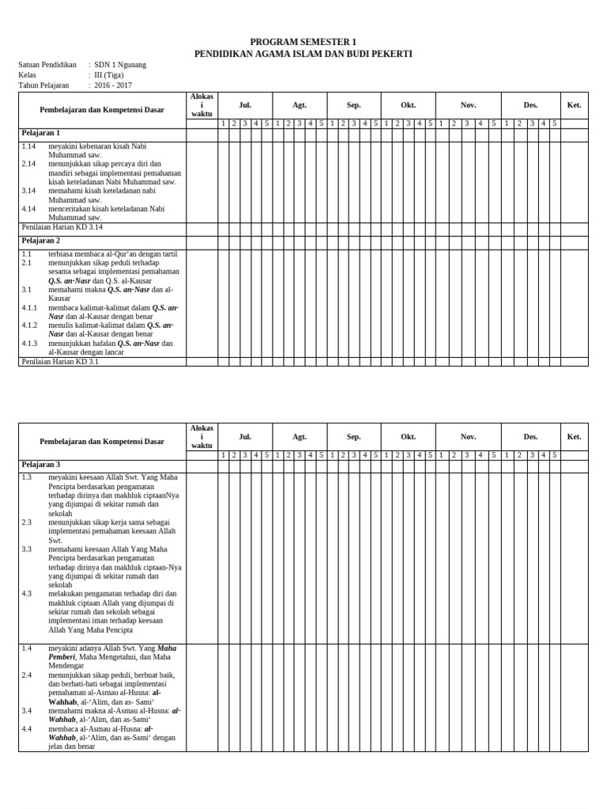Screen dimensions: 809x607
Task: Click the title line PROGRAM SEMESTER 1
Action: pyautogui.click(x=303, y=42)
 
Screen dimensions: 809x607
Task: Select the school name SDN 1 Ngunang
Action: pyautogui.click(x=120, y=65)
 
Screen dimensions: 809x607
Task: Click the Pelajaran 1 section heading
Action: pyautogui.click(x=41, y=134)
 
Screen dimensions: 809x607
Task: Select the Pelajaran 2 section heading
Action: pyautogui.click(x=41, y=240)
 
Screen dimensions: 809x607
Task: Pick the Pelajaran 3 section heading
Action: pyautogui.click(x=41, y=465)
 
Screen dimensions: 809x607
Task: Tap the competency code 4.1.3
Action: pyautogui.click(x=30, y=344)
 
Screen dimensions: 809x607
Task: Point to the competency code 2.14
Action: pyautogui.click(x=28, y=164)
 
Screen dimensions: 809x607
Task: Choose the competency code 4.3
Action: pyautogui.click(x=27, y=593)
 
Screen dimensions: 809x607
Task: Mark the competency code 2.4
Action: pyautogui.click(x=27, y=675)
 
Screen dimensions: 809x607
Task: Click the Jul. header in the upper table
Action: pyautogui.click(x=245, y=105)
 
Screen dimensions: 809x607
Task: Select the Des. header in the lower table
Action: pyautogui.click(x=530, y=437)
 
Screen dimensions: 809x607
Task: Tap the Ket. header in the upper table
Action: pyautogui.click(x=574, y=105)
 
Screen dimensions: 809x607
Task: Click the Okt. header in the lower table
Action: pyautogui.click(x=408, y=437)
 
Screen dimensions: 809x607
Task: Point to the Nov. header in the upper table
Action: pyautogui.click(x=468, y=105)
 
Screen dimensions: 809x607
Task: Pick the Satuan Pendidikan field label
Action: pyautogui.click(x=47, y=65)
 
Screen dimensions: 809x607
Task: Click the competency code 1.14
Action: pyautogui.click(x=28, y=147)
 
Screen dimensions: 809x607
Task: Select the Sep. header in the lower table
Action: pyautogui.click(x=353, y=437)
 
